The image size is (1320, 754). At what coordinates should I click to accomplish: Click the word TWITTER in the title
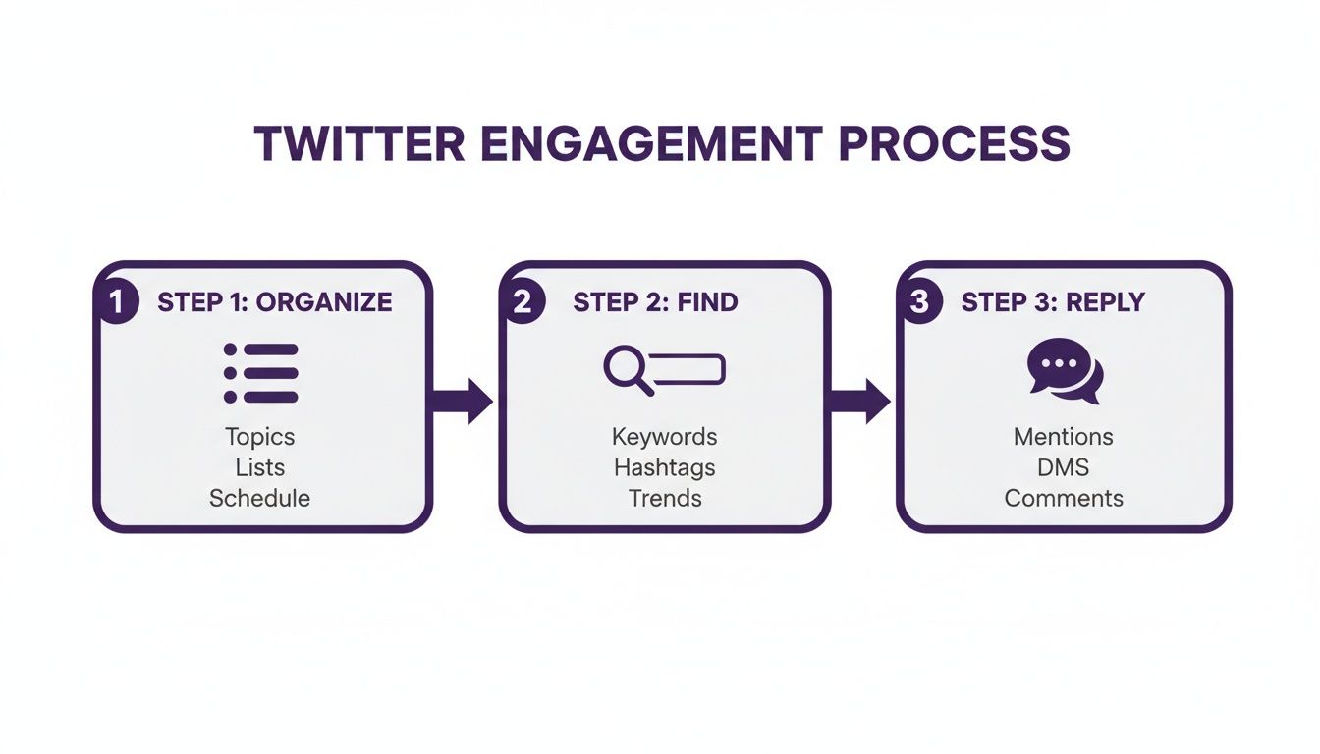coord(358,143)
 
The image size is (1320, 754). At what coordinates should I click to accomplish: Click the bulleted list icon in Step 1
coord(260,373)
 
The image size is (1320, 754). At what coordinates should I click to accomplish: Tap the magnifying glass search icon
coord(629,371)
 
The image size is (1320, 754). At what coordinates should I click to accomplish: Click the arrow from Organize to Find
coord(463,401)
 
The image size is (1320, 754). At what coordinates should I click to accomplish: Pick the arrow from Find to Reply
coord(860,401)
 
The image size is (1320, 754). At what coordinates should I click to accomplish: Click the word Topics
coord(259,437)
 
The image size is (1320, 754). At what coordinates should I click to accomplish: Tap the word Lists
coord(260,467)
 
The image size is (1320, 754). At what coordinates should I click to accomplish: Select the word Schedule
coord(259,498)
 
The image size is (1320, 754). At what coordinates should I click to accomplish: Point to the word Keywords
coord(664,437)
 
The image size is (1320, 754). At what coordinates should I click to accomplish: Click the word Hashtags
coord(664,467)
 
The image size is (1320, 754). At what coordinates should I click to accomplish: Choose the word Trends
coord(665,498)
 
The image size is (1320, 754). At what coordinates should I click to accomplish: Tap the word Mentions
coord(1064,437)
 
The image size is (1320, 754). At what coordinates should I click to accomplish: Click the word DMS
coord(1064,467)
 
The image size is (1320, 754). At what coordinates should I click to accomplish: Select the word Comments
coord(1064,498)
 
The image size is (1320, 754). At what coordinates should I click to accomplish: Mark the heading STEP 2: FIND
coord(655,302)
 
